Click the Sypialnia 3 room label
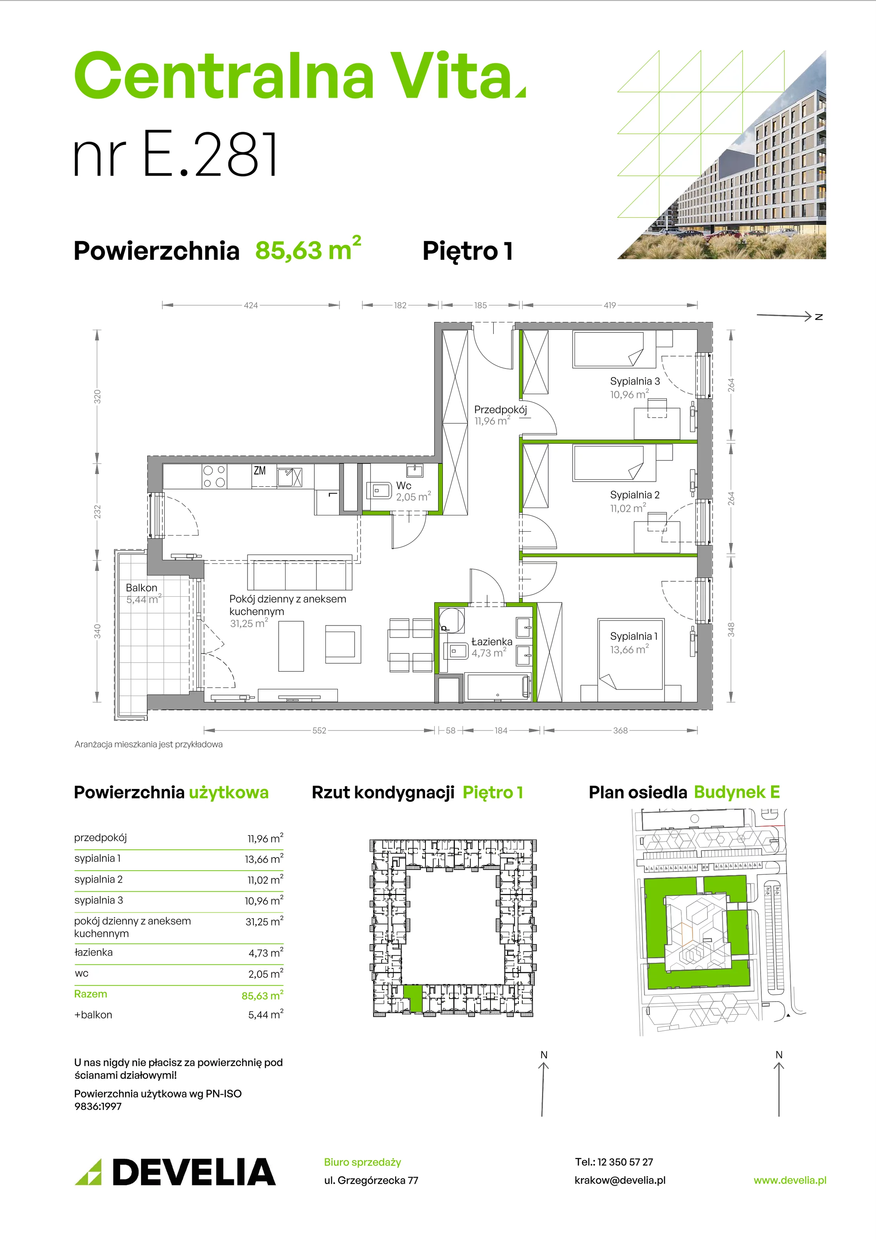pos(635,381)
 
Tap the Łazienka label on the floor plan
pos(492,642)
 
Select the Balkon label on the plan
pos(141,587)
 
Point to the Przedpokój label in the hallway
pos(500,409)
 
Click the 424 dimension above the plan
pos(251,305)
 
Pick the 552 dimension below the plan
pos(319,731)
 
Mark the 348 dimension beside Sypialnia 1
pos(731,630)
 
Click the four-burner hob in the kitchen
pos(214,476)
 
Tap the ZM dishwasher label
pos(260,470)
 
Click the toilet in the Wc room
pos(379,491)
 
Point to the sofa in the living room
pos(300,572)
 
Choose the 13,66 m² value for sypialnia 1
pos(264,858)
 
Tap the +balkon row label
pos(93,1015)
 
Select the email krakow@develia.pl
pos(620,1180)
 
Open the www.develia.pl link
pos(790,1180)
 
